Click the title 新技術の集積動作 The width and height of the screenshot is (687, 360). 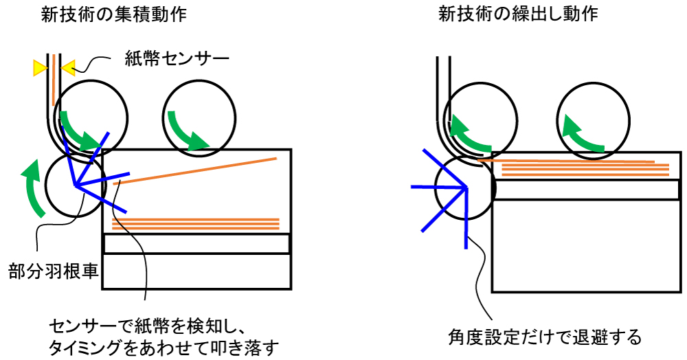coord(113,14)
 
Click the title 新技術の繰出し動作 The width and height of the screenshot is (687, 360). coord(518,14)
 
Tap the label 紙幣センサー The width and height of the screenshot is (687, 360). coord(177,58)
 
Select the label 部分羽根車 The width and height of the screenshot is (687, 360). coord(54,271)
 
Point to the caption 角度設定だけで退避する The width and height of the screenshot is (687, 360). coord(545,337)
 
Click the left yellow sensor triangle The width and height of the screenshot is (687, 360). coord(40,68)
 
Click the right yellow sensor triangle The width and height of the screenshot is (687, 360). coord(68,68)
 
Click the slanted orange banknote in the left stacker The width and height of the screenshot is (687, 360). coord(195,171)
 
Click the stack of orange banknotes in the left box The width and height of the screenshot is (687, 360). coord(196,223)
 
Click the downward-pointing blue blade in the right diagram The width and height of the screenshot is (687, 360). coord(466,218)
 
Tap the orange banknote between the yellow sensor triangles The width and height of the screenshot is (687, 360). coord(53,80)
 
